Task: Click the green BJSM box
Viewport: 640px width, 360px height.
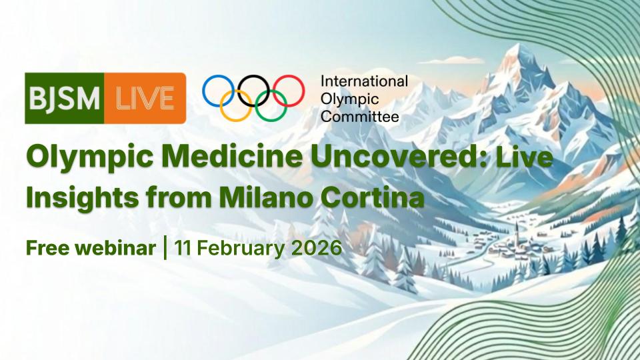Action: pyautogui.click(x=65, y=99)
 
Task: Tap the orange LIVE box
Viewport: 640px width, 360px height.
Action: pyautogui.click(x=145, y=99)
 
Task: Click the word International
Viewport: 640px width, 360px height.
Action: pyautogui.click(x=364, y=81)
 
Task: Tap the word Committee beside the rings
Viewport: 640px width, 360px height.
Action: pyautogui.click(x=359, y=117)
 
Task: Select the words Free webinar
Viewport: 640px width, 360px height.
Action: pyautogui.click(x=91, y=248)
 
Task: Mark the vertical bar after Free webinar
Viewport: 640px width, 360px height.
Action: pyautogui.click(x=165, y=248)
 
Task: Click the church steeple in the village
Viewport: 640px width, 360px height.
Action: pyautogui.click(x=517, y=232)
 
